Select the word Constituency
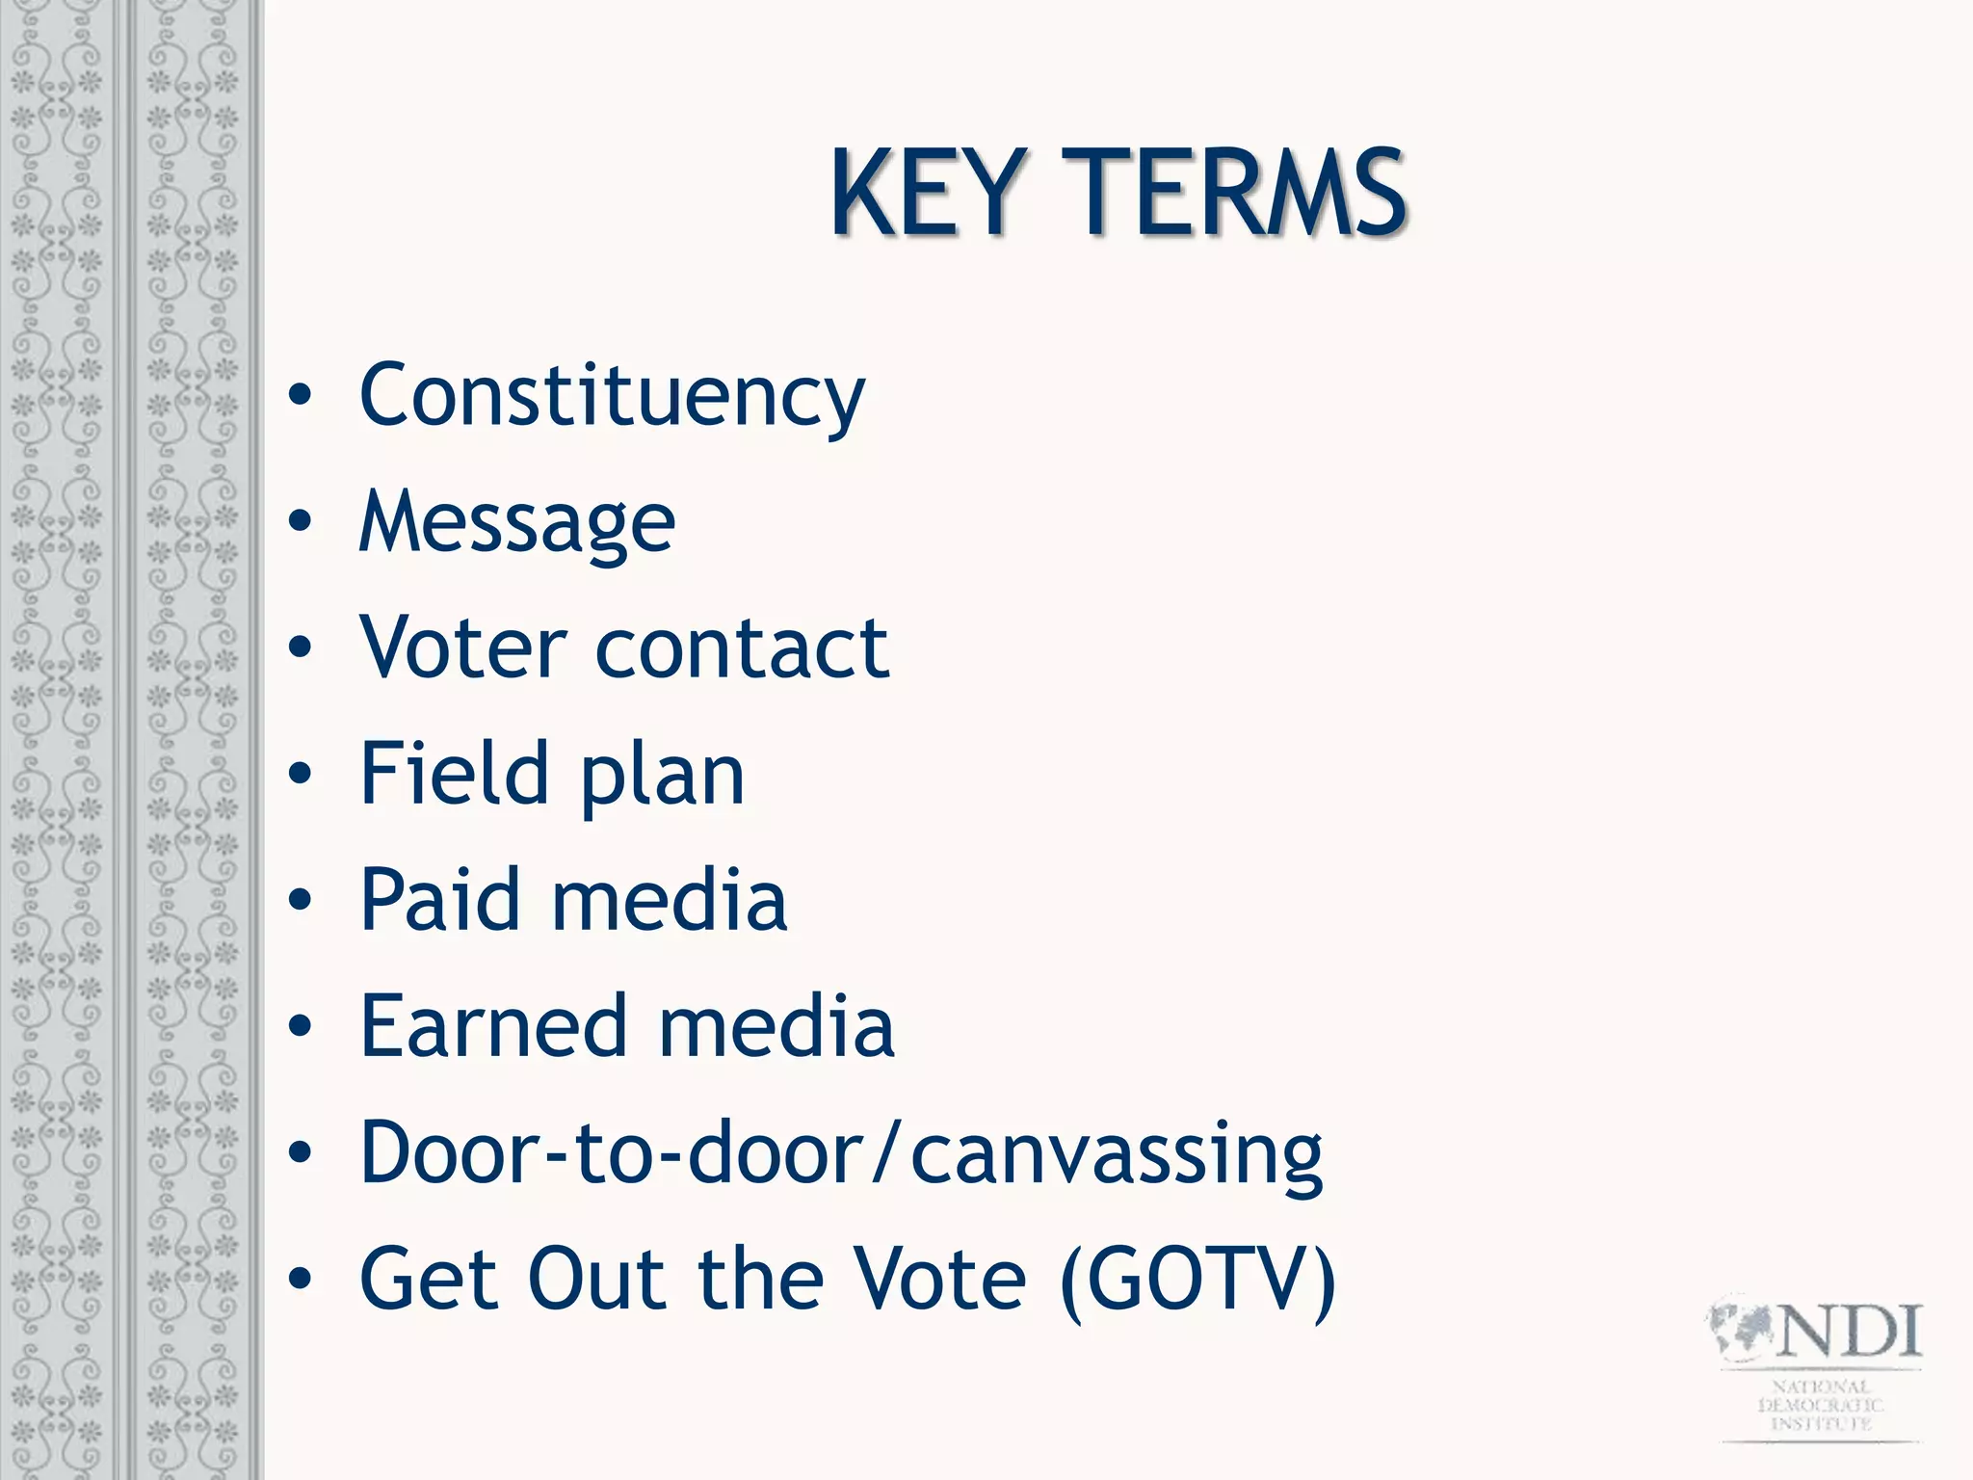click(x=612, y=397)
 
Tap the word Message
click(x=517, y=523)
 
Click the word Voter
click(x=463, y=647)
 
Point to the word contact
click(x=742, y=649)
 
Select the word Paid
click(x=440, y=900)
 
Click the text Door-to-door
click(x=613, y=1152)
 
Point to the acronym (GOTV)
click(x=1197, y=1280)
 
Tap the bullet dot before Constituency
click(x=301, y=395)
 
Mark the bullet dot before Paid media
click(x=301, y=900)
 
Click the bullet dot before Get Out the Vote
click(x=301, y=1279)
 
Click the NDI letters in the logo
click(x=1849, y=1332)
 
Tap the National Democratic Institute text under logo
click(x=1820, y=1405)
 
